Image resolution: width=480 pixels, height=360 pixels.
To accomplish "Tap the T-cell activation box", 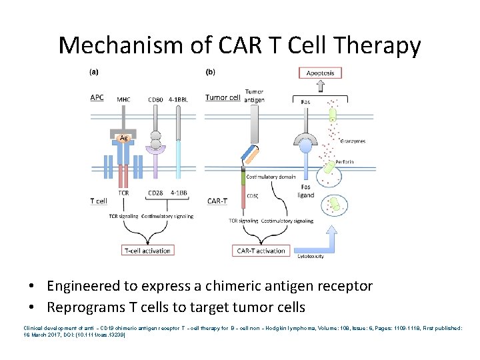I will coord(147,251).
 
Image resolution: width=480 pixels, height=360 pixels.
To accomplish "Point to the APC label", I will coord(97,98).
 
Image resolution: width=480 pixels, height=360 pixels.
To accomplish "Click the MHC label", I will coord(123,99).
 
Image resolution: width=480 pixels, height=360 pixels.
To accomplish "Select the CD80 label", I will coord(155,99).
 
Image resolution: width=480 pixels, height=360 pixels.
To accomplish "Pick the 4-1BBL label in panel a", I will coord(179,99).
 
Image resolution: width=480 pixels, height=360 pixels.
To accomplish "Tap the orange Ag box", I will coord(124,138).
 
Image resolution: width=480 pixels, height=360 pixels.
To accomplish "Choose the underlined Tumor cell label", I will coord(223,97).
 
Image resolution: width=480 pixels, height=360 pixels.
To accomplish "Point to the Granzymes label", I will coord(352,141).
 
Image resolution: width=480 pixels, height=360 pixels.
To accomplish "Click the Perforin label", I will coord(345,162).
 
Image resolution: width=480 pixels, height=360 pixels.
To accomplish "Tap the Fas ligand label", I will coord(305,191).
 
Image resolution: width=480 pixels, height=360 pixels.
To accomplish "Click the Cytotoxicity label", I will coord(309,256).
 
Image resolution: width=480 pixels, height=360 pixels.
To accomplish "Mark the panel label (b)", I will coord(210,71).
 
